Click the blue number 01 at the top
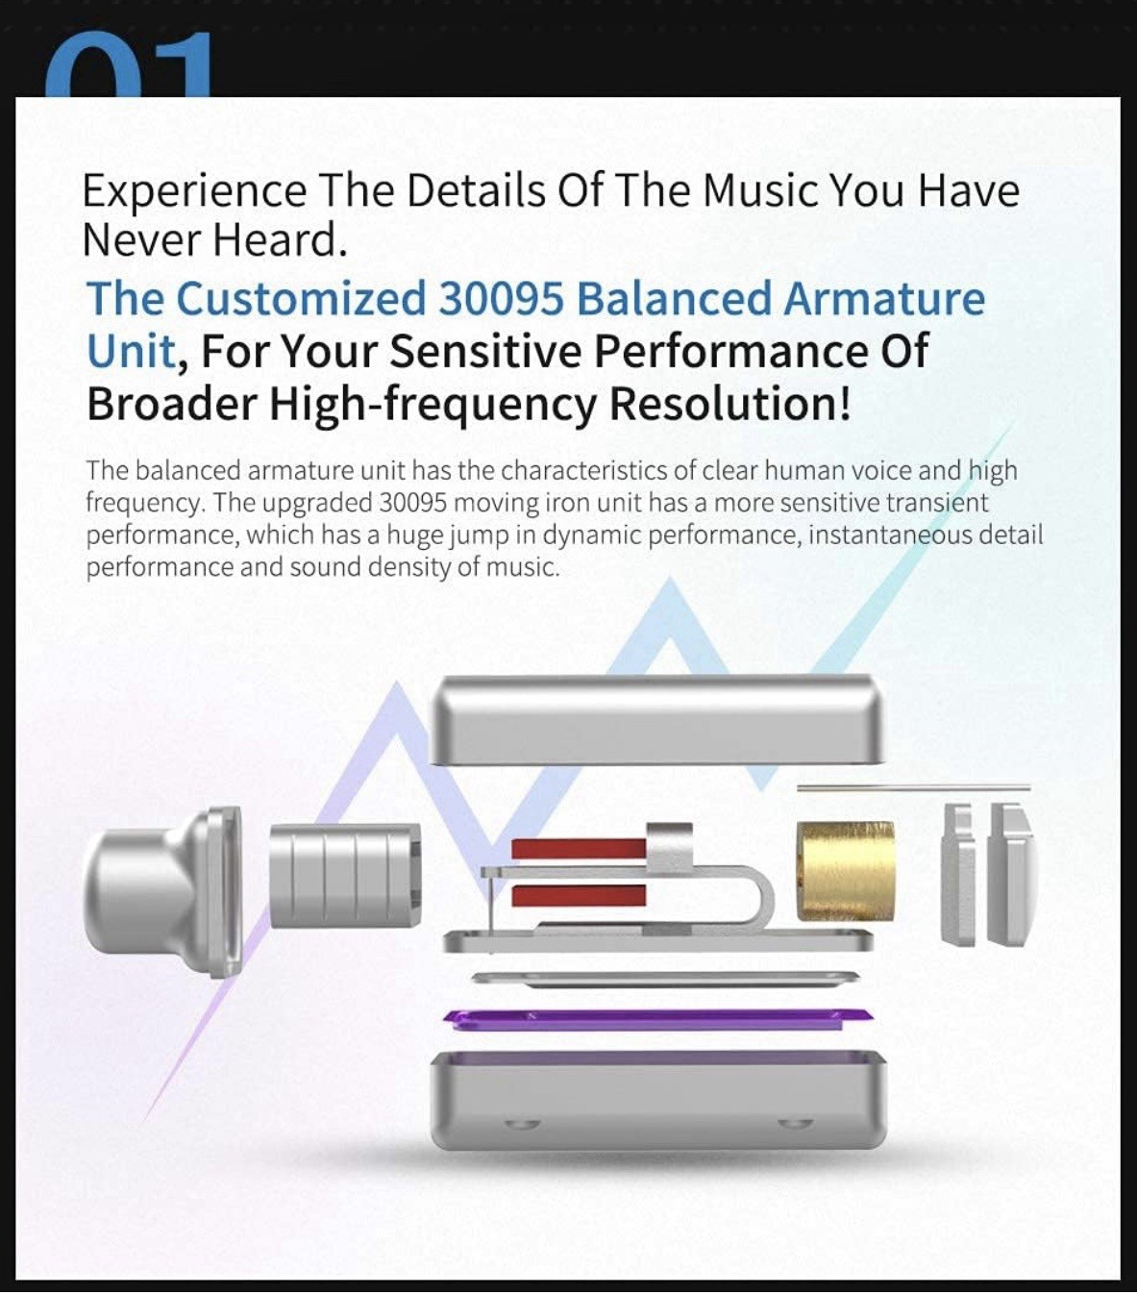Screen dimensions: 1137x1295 click(x=128, y=64)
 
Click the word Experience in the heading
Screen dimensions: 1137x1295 click(x=194, y=192)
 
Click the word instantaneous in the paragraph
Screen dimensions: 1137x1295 click(x=888, y=535)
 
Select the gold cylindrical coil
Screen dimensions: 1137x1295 click(x=845, y=870)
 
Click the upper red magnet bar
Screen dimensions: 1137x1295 click(x=578, y=848)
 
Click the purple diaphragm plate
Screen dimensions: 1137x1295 click(x=658, y=1019)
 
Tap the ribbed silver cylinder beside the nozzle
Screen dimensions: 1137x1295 click(x=345, y=875)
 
